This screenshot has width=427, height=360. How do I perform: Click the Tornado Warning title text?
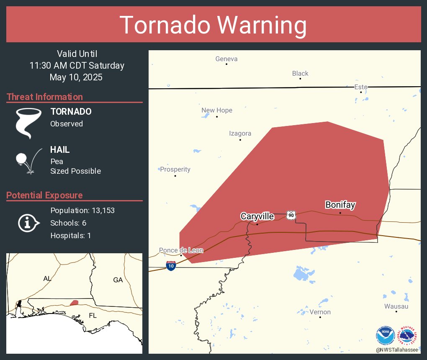point(213,25)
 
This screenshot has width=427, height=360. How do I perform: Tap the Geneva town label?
point(226,59)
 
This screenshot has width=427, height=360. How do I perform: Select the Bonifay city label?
point(340,205)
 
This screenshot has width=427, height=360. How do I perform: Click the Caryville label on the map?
point(257,216)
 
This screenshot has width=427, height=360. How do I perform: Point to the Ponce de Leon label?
point(181,250)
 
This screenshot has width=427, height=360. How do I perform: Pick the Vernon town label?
point(320,312)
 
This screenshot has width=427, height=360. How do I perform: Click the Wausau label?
point(396,306)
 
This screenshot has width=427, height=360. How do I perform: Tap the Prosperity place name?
point(175,170)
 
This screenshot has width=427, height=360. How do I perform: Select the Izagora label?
point(240,134)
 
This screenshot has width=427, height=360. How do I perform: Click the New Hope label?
point(217,111)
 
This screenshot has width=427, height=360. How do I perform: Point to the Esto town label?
point(361,87)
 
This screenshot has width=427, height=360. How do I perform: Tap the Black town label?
point(300,74)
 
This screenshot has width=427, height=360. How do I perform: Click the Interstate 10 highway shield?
point(171,266)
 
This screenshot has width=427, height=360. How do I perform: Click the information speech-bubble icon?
point(28,223)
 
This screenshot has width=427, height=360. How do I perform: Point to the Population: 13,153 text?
point(82,210)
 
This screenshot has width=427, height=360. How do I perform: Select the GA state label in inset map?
point(118,280)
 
